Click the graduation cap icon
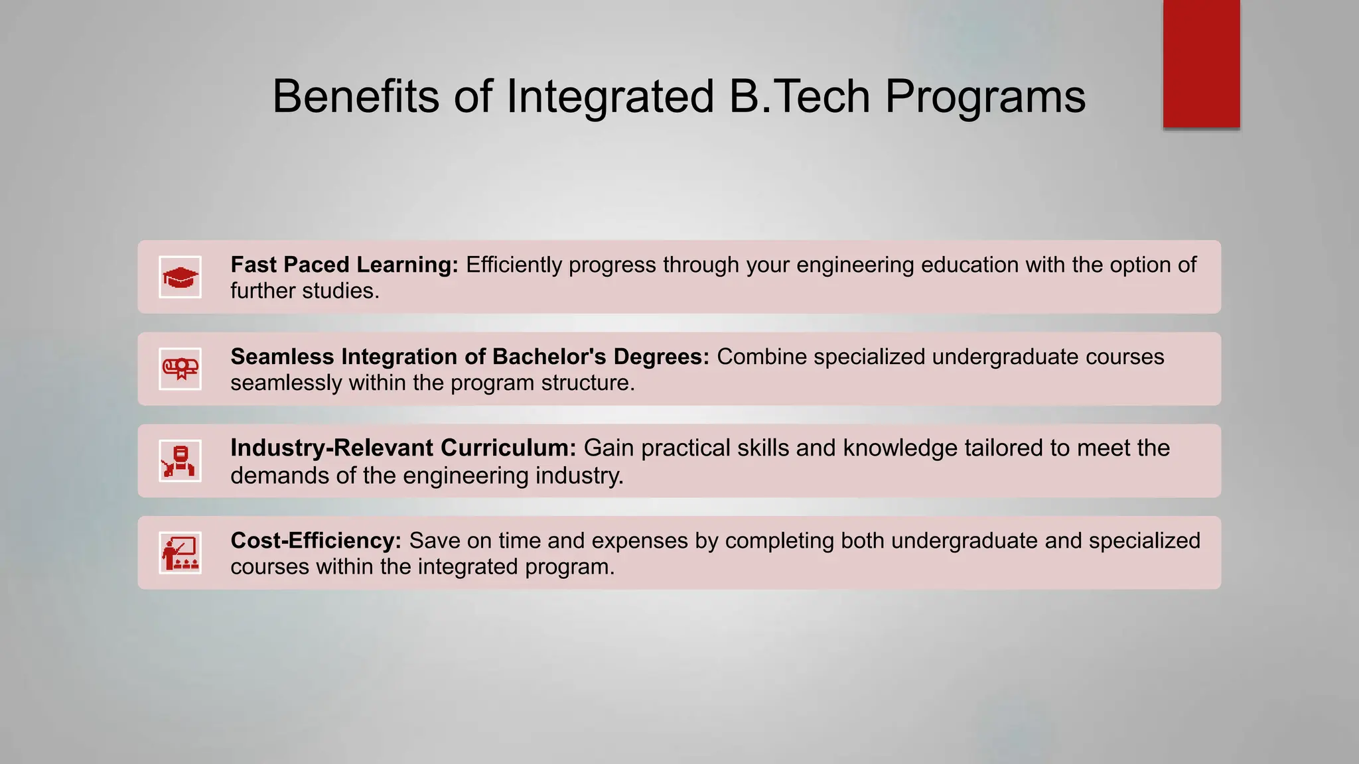click(180, 277)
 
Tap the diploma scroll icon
click(180, 369)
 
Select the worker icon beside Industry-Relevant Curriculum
click(180, 461)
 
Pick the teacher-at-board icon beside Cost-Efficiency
click(180, 553)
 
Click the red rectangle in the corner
click(1201, 64)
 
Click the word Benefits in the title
click(356, 97)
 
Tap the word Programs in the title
click(985, 97)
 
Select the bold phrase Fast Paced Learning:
click(344, 265)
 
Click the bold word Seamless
click(282, 357)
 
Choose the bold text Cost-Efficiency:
click(316, 541)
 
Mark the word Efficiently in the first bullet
click(514, 265)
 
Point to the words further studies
click(305, 291)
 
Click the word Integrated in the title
click(610, 97)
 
